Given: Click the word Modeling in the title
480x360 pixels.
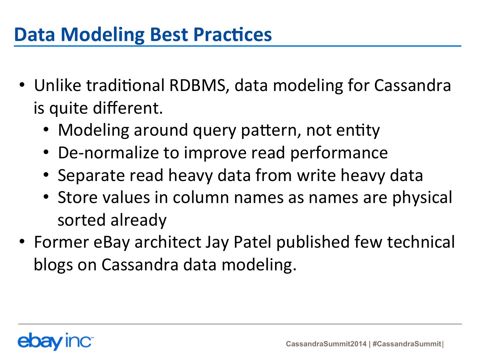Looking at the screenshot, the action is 103,35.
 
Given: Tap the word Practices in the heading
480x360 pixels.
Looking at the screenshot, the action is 232,34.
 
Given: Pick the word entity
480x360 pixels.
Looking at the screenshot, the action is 358,131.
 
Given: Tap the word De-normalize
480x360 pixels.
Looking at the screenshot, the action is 108,153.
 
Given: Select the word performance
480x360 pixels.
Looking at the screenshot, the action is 339,153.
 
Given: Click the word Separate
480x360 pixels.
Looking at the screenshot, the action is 91,176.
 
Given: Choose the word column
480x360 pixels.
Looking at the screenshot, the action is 201,198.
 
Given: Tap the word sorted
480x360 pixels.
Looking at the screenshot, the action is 82,220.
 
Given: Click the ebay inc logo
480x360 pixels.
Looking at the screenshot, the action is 56,341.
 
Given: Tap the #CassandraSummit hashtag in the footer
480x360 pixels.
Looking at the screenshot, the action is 407,344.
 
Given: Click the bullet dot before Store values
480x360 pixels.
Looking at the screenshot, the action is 46,197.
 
